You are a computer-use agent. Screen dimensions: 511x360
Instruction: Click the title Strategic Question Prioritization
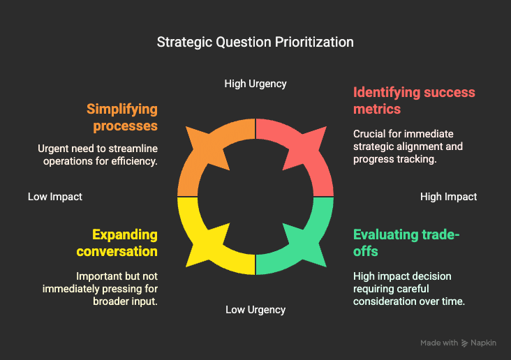click(x=256, y=43)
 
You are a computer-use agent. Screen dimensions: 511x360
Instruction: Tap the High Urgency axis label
click(x=256, y=84)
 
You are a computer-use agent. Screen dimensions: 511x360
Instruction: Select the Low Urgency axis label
click(x=256, y=310)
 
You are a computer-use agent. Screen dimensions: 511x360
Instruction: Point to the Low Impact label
click(x=55, y=197)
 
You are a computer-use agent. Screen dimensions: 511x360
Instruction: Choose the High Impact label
click(x=448, y=197)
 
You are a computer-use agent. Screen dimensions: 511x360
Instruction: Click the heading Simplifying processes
click(x=122, y=117)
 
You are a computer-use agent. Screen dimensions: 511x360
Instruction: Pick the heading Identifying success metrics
click(x=414, y=100)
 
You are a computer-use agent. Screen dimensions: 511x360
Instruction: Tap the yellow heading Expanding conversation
click(x=117, y=243)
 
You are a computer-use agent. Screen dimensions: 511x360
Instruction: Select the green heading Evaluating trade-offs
click(x=406, y=243)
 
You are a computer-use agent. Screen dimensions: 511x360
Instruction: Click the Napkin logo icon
click(x=464, y=343)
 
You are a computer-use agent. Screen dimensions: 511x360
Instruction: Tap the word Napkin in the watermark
click(x=483, y=343)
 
